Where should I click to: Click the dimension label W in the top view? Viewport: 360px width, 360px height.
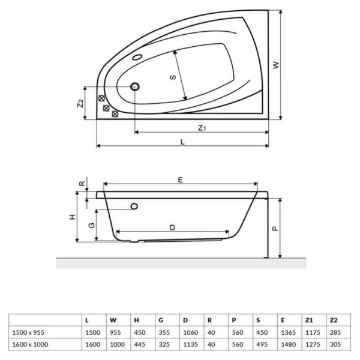pyautogui.click(x=276, y=65)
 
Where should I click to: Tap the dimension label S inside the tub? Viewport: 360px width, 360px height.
pyautogui.click(x=172, y=77)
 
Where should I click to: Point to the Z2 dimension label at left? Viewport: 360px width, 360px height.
pyautogui.click(x=80, y=103)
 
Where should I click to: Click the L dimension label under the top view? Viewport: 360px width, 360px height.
pyautogui.click(x=182, y=141)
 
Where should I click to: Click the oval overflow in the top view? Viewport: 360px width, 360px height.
pyautogui.click(x=139, y=58)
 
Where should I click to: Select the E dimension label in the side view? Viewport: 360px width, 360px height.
pyautogui.click(x=180, y=178)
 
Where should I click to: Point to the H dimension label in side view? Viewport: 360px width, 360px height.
pyautogui.click(x=71, y=217)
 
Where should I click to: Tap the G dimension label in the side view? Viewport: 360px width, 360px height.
pyautogui.click(x=91, y=225)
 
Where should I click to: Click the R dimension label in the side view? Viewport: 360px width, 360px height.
pyautogui.click(x=82, y=183)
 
